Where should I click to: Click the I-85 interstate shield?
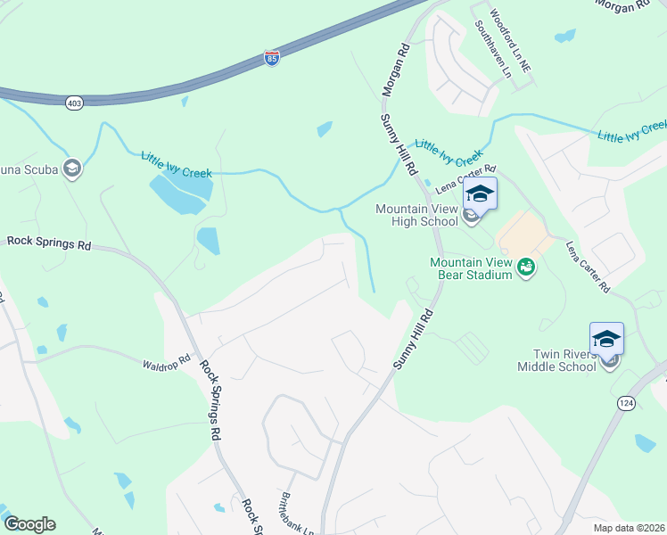tap(272, 58)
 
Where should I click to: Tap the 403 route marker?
tap(72, 103)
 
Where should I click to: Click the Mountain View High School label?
tap(416, 215)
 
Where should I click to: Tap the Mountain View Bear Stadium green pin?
tap(526, 265)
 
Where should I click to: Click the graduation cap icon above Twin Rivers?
tap(606, 339)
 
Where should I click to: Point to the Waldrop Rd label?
tap(167, 363)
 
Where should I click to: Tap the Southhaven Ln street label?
tap(493, 50)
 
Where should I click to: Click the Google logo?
tap(29, 524)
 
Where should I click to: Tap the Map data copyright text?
tap(630, 528)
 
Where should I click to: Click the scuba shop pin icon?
tap(72, 169)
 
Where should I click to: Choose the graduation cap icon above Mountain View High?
tap(480, 193)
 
